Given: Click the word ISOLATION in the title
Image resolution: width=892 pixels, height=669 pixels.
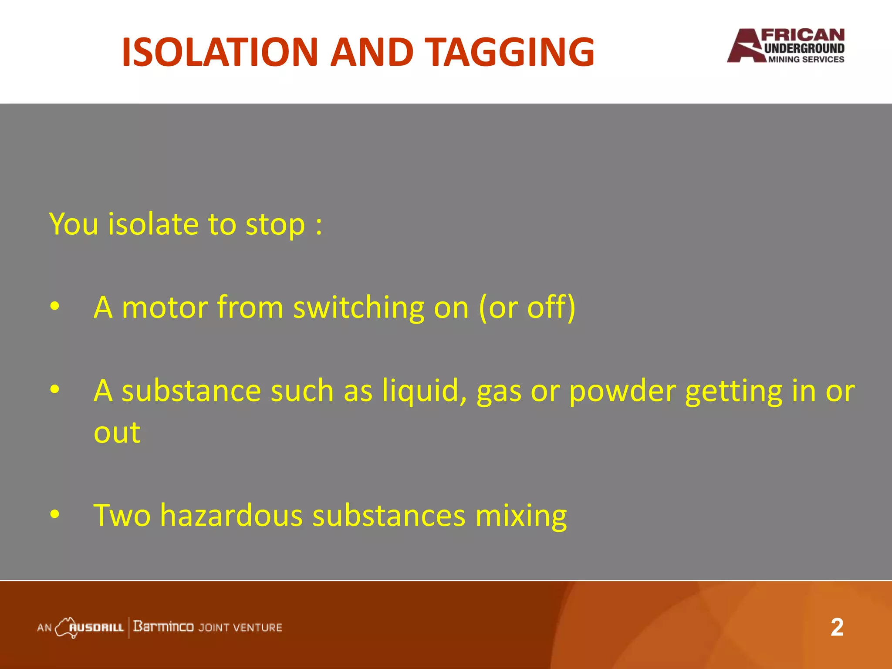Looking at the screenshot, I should coord(220,52).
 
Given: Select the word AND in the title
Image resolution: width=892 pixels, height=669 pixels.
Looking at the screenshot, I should coord(371,52).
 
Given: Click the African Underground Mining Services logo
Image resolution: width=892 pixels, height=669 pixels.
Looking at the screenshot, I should coord(786,46).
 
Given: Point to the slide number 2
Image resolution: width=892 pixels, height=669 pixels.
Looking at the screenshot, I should coord(837,628).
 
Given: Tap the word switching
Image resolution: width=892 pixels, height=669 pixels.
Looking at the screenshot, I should coord(358,307).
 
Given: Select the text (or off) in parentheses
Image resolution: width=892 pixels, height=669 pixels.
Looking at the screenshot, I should coord(527,307).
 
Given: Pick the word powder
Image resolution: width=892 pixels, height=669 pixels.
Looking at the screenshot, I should coord(622,391).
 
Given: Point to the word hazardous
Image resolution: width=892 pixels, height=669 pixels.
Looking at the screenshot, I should coord(231,515).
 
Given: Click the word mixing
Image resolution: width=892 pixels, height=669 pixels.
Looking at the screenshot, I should coord(521,515).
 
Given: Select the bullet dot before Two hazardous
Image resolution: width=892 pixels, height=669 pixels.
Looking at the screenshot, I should coord(54,514).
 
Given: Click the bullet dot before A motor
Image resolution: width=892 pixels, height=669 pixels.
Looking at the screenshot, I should coord(54,307).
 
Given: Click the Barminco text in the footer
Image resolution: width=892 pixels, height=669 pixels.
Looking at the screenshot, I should coord(163,627).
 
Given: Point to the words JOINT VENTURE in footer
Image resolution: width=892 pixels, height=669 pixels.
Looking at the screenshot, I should coord(240,628).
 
